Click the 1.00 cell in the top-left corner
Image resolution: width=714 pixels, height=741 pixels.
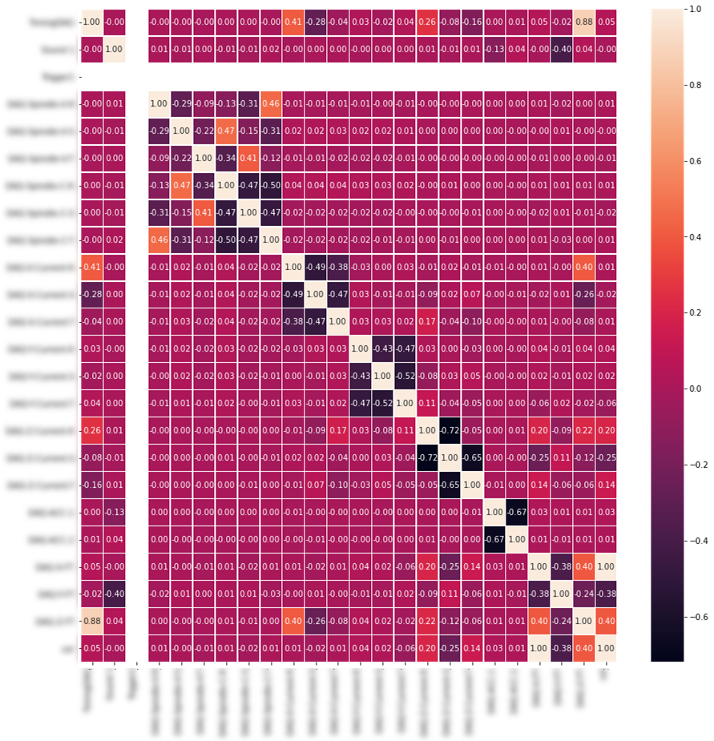[x=92, y=21]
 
